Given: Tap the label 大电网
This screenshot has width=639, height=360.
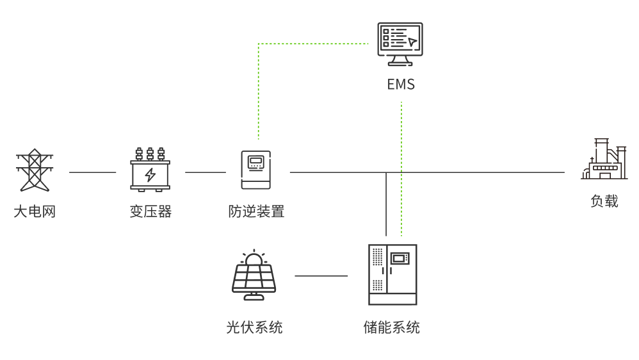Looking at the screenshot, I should [x=35, y=211].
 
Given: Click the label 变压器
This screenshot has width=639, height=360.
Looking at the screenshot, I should [x=150, y=211].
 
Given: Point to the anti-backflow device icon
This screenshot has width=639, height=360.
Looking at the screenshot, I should [x=255, y=170].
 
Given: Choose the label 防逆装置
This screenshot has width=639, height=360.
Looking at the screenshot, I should [x=256, y=211].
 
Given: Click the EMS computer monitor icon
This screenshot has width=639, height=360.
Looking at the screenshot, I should [x=400, y=44].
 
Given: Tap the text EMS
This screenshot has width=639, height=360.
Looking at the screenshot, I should [x=401, y=85].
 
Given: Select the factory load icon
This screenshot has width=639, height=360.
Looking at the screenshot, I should [x=604, y=160].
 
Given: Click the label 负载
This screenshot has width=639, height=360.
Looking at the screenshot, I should [x=604, y=201].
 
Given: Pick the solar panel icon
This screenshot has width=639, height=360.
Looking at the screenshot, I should [x=254, y=275].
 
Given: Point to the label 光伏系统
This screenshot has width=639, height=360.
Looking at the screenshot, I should [x=254, y=327].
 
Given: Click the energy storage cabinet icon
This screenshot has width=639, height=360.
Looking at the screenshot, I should [x=392, y=274].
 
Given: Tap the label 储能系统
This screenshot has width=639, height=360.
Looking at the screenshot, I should [x=392, y=327].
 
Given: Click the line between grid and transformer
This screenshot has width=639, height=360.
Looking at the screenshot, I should [x=93, y=172].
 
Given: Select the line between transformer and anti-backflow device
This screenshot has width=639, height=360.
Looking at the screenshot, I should [x=206, y=172].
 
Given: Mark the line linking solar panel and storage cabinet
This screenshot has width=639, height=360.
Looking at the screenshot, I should [x=321, y=276].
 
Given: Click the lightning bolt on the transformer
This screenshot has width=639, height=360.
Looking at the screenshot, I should [x=150, y=174].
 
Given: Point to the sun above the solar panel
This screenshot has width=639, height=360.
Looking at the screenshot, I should [x=254, y=259].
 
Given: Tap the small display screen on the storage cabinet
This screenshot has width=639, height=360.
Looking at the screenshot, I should [x=400, y=258].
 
